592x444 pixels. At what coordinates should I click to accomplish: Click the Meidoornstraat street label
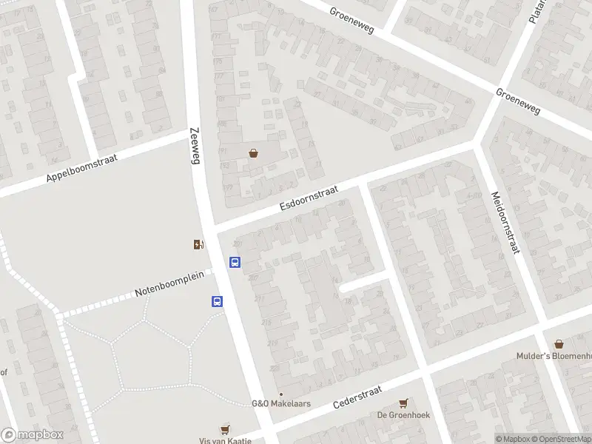(x=503, y=222)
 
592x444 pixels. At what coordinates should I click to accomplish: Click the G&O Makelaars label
(x=281, y=403)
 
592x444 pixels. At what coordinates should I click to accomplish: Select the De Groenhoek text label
(x=403, y=415)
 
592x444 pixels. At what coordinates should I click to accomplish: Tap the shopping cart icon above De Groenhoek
(x=403, y=403)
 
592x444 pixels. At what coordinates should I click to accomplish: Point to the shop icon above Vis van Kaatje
(x=225, y=429)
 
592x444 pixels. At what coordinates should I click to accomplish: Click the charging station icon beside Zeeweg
(x=198, y=245)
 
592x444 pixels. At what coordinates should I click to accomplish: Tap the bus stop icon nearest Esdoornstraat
(x=235, y=262)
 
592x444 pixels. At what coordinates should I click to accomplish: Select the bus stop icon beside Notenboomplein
(x=218, y=301)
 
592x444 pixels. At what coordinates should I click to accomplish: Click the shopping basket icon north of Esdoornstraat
(x=254, y=153)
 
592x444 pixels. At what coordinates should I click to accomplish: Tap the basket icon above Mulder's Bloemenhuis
(x=559, y=344)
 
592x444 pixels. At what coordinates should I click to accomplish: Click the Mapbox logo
(x=32, y=435)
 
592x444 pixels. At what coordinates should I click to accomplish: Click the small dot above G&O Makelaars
(x=280, y=394)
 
